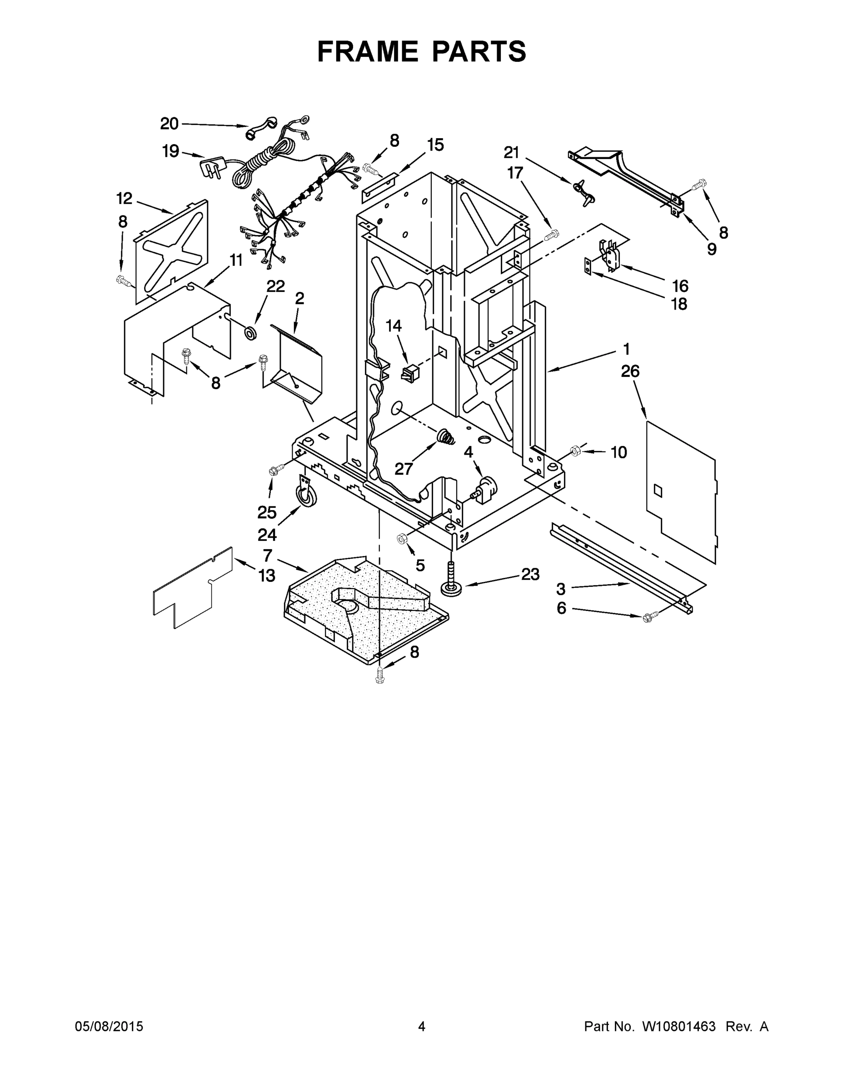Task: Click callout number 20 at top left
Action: pyautogui.click(x=170, y=123)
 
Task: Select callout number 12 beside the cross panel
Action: pyautogui.click(x=125, y=198)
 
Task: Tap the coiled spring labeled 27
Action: pyautogui.click(x=445, y=437)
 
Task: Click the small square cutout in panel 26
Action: pyautogui.click(x=658, y=490)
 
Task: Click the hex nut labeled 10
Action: pyautogui.click(x=574, y=450)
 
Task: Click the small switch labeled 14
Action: pyautogui.click(x=409, y=372)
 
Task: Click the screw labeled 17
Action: pyautogui.click(x=552, y=234)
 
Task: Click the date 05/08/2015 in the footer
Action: pyautogui.click(x=109, y=1026)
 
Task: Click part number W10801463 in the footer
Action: pyautogui.click(x=678, y=1026)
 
